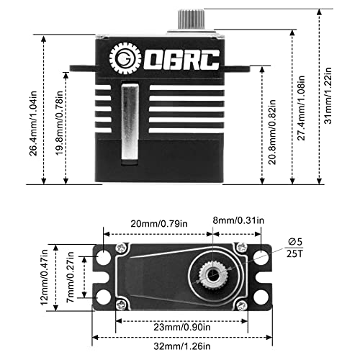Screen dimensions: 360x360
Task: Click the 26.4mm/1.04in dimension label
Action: (x=33, y=123)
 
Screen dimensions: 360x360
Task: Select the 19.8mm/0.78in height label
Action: (x=59, y=123)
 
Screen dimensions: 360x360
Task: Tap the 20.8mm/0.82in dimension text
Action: (x=272, y=132)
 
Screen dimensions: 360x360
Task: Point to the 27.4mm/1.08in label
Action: (x=301, y=108)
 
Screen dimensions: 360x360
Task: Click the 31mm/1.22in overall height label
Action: (x=328, y=96)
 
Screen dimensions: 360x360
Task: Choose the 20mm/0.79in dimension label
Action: (x=159, y=224)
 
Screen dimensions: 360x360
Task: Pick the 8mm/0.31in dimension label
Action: (x=238, y=220)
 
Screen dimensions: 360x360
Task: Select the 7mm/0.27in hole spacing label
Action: (x=71, y=277)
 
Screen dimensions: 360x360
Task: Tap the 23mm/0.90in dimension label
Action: (x=182, y=327)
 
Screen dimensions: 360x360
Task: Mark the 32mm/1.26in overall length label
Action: (x=182, y=346)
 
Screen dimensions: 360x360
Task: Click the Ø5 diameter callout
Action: (x=295, y=242)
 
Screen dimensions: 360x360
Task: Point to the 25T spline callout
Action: (x=295, y=253)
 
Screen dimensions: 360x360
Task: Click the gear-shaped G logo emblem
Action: (x=125, y=58)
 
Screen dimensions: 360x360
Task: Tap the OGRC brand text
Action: (x=181, y=60)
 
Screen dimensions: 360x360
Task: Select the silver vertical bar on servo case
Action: (x=130, y=122)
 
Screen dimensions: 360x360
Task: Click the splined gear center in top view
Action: (x=213, y=275)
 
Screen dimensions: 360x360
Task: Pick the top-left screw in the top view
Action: (x=122, y=248)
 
